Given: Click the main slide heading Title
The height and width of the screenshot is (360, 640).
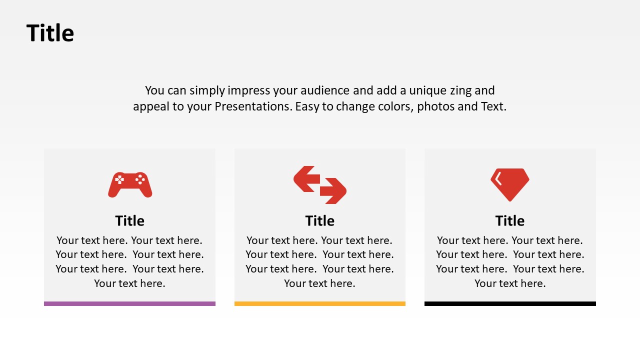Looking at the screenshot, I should coord(50,33).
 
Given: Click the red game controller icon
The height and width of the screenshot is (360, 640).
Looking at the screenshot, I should coord(130,185).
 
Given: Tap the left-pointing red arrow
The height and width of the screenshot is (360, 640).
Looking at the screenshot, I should coord(306,179).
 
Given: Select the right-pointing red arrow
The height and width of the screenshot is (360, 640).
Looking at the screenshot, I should coord(333,191).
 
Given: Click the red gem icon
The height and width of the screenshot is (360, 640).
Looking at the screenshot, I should coord(510,184).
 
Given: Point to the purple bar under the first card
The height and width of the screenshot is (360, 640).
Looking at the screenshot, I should coord(129,303).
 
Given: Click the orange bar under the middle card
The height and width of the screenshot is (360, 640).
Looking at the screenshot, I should coord(320,303).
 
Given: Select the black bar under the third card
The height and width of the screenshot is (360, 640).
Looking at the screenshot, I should coord(510,303).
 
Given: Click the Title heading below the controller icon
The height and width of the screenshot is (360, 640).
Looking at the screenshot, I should coord(129,220).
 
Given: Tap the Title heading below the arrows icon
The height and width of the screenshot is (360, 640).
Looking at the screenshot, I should coord(320,220).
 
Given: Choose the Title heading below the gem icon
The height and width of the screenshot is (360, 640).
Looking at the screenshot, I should coord(510,220).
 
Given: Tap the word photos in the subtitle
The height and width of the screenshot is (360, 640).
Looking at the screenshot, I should coord(435,106).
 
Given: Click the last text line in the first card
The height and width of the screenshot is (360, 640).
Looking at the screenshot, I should coord(129,283).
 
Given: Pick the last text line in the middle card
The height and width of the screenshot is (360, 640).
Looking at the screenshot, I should coord(320,283).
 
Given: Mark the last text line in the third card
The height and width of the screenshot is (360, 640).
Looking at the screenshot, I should coord(510,283).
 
